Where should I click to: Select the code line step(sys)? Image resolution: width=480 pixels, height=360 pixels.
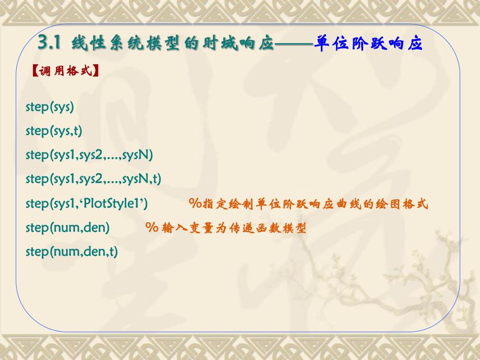pyautogui.click(x=50, y=107)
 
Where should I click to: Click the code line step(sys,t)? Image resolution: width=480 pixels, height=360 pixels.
pyautogui.click(x=54, y=131)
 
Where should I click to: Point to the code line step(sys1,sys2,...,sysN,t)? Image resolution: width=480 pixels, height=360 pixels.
pyautogui.click(x=93, y=179)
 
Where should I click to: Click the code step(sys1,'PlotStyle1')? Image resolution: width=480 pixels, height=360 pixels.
pyautogui.click(x=87, y=203)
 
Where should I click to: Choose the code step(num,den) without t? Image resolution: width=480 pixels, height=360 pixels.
pyautogui.click(x=67, y=227)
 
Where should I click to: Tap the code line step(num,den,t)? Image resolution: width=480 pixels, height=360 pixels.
pyautogui.click(x=72, y=251)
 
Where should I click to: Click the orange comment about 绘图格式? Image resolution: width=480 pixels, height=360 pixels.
pyautogui.click(x=308, y=204)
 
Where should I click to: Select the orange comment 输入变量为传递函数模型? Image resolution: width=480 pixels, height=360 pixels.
pyautogui.click(x=225, y=228)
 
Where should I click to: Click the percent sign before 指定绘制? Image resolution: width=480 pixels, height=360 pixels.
pyautogui.click(x=195, y=204)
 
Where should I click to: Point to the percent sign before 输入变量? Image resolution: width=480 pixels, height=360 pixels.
pyautogui.click(x=152, y=228)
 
